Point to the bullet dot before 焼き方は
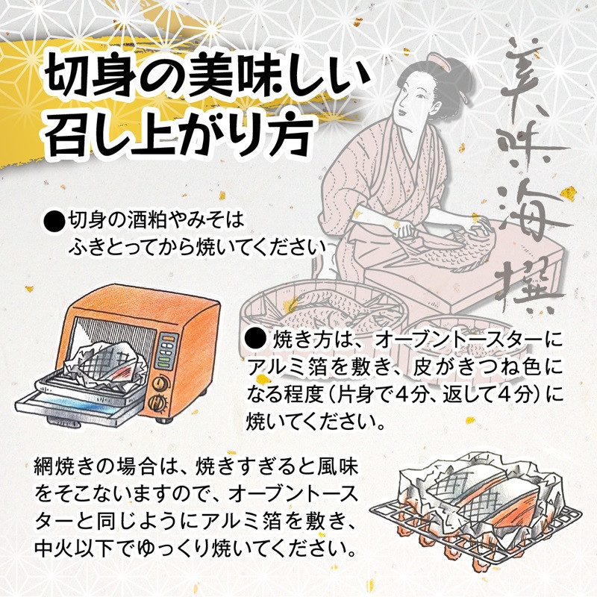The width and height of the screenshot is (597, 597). pos(255,339)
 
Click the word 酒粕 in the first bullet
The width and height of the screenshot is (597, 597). pos(149,221)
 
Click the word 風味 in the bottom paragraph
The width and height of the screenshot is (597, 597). pos(337,468)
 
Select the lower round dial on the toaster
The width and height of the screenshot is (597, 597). pos(158,402)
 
